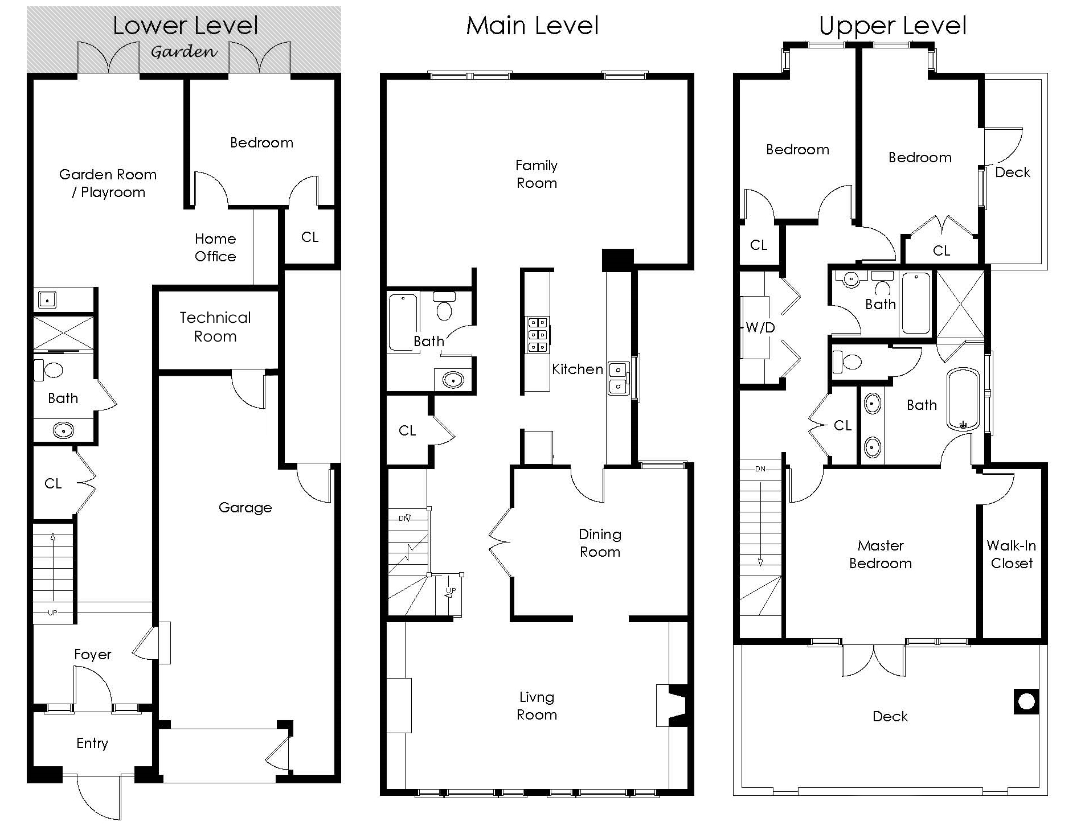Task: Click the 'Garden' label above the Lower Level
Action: coord(184,52)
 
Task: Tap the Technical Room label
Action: coord(215,327)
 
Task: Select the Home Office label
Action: coord(215,248)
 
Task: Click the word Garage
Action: coord(245,508)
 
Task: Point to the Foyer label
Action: coord(93,655)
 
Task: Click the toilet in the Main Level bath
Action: coord(444,306)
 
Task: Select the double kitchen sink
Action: coord(619,377)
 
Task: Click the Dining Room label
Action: coord(600,543)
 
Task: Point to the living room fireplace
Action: coord(672,705)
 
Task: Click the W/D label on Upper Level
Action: coord(760,327)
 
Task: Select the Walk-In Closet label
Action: coord(1012,554)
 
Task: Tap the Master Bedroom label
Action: coord(881,554)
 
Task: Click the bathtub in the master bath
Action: coord(963,399)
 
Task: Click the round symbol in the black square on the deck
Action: coord(1026,701)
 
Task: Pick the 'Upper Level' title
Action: coord(893,26)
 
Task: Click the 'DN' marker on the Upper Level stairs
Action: coord(760,469)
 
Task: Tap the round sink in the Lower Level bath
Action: coord(63,430)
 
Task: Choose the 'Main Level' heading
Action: coord(533,26)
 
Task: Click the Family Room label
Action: coord(537,174)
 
